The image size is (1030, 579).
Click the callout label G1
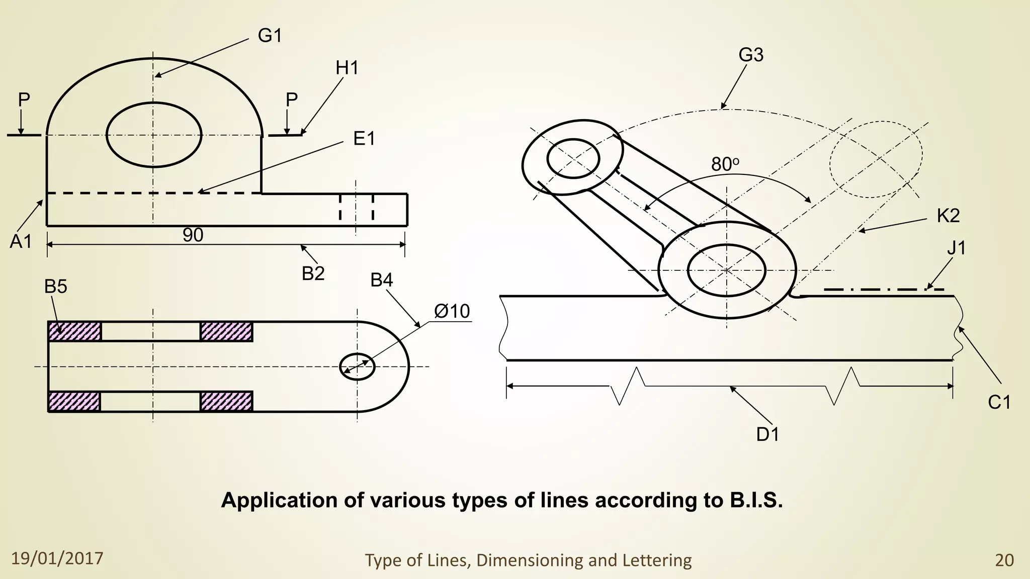click(x=270, y=36)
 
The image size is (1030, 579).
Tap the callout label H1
click(x=347, y=68)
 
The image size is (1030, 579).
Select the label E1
click(x=364, y=139)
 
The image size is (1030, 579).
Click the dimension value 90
click(x=193, y=235)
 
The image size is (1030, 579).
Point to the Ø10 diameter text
click(x=452, y=312)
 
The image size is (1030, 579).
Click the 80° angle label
click(x=725, y=164)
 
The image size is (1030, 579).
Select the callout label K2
click(x=948, y=216)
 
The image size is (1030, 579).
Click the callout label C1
click(x=999, y=403)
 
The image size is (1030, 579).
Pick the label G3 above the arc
click(x=751, y=55)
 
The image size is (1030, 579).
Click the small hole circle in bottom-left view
click(x=357, y=366)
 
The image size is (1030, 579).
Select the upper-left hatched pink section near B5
click(x=74, y=332)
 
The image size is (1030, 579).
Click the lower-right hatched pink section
click(x=226, y=402)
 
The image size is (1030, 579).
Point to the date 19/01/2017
click(x=57, y=558)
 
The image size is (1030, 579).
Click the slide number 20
click(x=1004, y=560)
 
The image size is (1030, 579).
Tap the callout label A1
click(x=21, y=242)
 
